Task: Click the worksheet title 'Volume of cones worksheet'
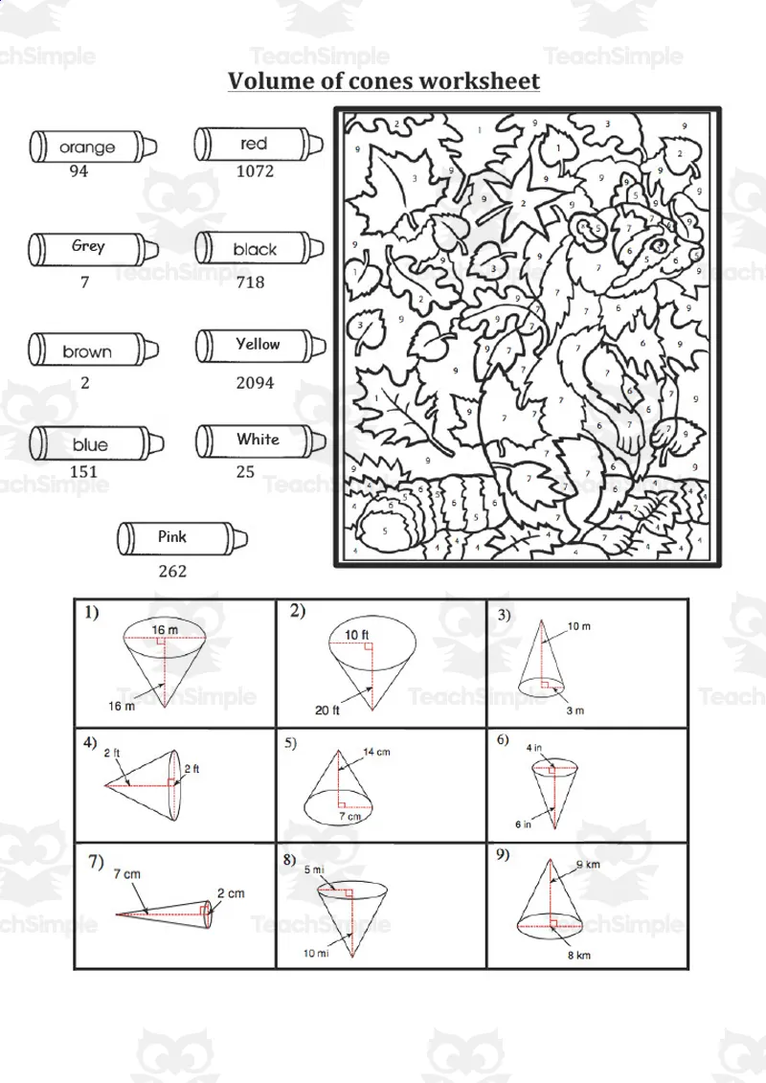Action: pyautogui.click(x=383, y=80)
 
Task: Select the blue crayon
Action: pyautogui.click(x=93, y=444)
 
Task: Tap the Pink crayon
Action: pyautogui.click(x=176, y=538)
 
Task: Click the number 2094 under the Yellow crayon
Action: pyautogui.click(x=255, y=382)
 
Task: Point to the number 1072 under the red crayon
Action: pyautogui.click(x=255, y=171)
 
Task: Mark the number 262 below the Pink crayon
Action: pyautogui.click(x=172, y=572)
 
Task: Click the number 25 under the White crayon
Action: pyautogui.click(x=245, y=472)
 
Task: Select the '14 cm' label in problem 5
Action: pyautogui.click(x=376, y=753)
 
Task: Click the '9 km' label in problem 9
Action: pyautogui.click(x=588, y=866)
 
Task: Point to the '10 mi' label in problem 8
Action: pyautogui.click(x=315, y=954)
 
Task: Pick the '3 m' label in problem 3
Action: pyautogui.click(x=574, y=711)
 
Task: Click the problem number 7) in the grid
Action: pyautogui.click(x=96, y=861)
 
